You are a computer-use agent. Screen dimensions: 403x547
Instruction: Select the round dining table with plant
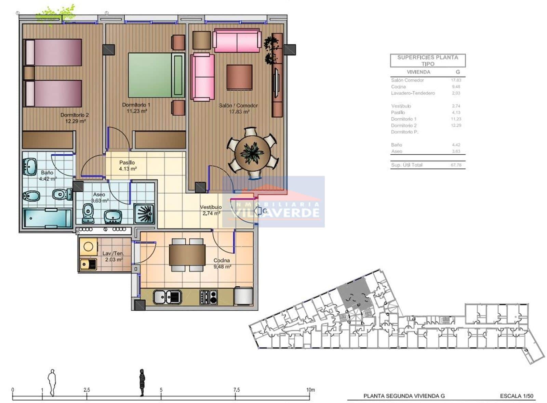click(252, 153)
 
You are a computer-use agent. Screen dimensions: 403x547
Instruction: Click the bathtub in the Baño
click(47, 218)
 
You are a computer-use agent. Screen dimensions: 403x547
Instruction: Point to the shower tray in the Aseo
click(144, 214)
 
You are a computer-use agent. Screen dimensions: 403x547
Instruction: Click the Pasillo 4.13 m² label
click(128, 166)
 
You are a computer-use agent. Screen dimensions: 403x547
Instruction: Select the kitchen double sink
click(167, 297)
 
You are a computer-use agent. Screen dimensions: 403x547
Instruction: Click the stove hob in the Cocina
click(208, 297)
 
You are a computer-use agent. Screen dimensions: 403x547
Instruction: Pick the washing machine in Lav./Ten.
click(88, 247)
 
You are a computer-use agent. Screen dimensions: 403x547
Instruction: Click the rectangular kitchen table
click(187, 255)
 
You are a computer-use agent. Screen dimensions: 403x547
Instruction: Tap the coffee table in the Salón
click(239, 77)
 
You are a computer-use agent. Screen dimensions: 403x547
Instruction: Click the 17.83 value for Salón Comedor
click(456, 80)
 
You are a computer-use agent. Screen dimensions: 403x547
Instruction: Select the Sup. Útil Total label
click(406, 165)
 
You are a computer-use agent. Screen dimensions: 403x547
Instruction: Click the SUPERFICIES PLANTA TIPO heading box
click(428, 61)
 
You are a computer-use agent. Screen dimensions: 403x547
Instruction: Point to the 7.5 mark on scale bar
click(236, 390)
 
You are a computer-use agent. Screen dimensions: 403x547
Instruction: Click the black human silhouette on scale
click(142, 382)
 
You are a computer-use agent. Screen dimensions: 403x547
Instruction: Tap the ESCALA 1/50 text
click(516, 396)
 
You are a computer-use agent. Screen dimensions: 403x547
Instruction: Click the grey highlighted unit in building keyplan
click(354, 294)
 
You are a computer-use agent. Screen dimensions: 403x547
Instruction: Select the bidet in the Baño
click(31, 196)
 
